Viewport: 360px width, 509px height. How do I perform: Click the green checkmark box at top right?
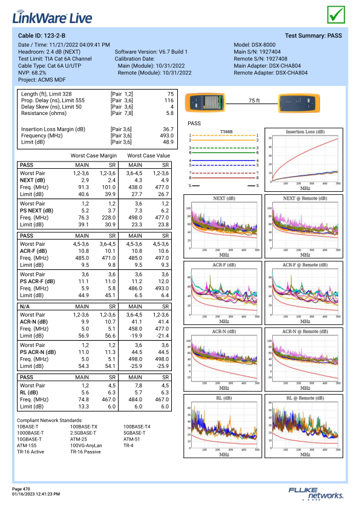click(336, 15)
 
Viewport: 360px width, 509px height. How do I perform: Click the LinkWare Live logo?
click(52, 18)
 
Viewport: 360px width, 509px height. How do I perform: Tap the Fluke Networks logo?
click(316, 493)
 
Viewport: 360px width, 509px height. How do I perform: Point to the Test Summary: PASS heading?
click(313, 36)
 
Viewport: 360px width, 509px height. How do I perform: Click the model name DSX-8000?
click(264, 45)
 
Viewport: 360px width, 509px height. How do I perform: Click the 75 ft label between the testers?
click(254, 100)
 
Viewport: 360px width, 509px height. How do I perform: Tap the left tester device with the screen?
click(205, 102)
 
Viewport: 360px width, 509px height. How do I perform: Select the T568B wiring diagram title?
click(226, 131)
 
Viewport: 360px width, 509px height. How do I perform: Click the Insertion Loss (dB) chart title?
click(305, 131)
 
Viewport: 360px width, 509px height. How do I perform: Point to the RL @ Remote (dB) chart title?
click(305, 398)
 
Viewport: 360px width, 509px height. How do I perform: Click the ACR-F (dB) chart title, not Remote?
click(224, 265)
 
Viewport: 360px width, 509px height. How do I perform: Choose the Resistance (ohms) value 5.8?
click(170, 113)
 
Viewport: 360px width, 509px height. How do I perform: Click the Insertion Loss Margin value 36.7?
click(168, 129)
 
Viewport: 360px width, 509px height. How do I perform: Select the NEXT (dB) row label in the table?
click(33, 180)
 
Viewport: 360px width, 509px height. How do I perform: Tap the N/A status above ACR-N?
click(25, 306)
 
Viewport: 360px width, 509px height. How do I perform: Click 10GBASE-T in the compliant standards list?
click(29, 439)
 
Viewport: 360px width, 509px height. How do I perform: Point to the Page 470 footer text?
click(21, 489)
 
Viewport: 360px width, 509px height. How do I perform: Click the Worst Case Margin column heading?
click(94, 156)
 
